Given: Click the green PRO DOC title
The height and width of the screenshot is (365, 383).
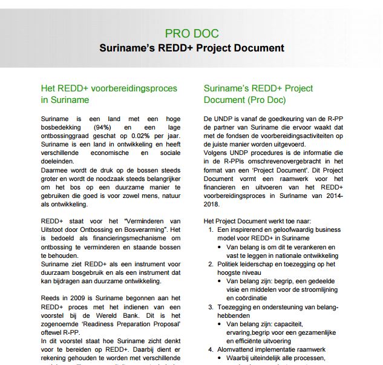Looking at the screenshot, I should point(191,34).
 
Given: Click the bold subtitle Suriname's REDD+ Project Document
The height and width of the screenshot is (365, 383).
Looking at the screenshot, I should point(191,48).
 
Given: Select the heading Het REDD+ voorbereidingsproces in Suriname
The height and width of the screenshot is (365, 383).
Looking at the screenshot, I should point(109,94).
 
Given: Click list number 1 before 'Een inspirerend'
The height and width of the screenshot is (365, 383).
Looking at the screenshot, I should point(211,230).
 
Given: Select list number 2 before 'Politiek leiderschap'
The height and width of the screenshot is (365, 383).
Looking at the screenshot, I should point(211,264).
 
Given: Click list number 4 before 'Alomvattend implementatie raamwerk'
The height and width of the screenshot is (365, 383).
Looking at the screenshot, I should point(211,349).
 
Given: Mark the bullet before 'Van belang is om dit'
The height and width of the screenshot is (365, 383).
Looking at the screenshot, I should point(219,247).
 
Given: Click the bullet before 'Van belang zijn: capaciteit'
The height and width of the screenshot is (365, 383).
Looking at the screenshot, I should point(219,324).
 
